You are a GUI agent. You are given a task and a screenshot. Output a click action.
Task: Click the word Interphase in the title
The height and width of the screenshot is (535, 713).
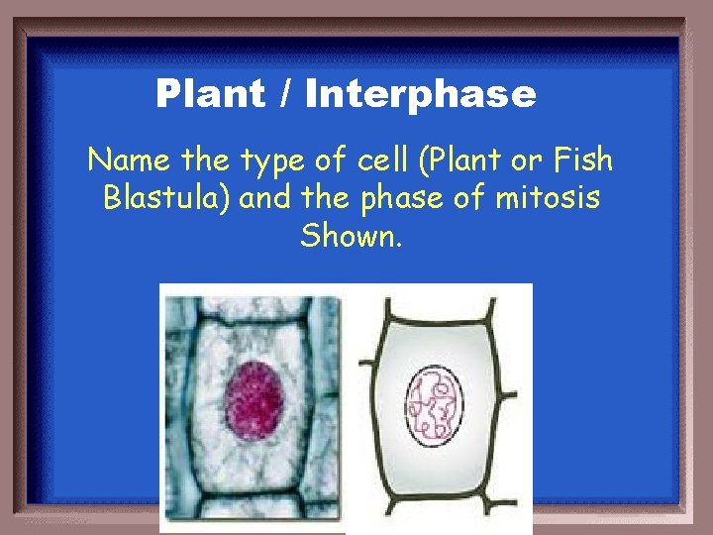point(421,95)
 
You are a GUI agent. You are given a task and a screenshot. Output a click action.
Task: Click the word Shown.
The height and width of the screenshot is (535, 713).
point(352,237)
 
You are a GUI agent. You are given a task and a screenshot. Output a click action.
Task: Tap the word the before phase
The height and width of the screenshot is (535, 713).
point(325,198)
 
